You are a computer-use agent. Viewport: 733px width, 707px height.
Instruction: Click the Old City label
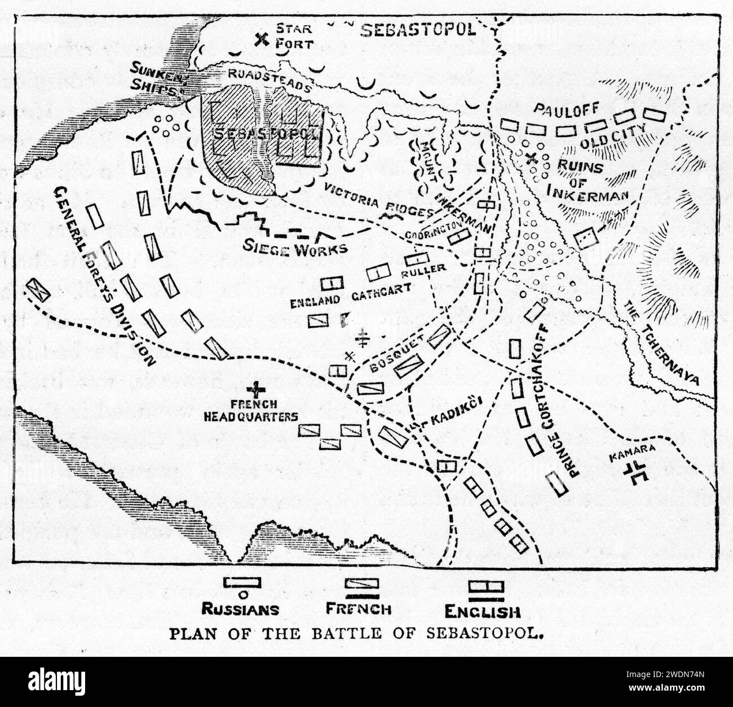[600, 142]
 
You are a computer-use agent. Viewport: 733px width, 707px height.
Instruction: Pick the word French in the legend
[359, 609]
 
